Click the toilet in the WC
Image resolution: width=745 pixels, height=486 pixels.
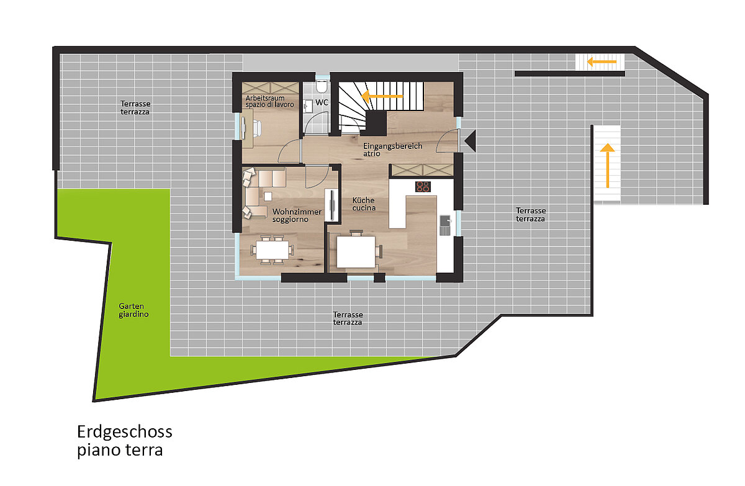point(322,86)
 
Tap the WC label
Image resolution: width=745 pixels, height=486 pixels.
point(322,102)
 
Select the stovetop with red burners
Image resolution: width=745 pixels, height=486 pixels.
point(423,186)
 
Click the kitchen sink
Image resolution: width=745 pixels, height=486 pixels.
point(445,225)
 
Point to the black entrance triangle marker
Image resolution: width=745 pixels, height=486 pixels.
point(471,141)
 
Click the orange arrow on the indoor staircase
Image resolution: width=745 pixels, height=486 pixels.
point(382,96)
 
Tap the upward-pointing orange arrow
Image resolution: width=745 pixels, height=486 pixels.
point(607,166)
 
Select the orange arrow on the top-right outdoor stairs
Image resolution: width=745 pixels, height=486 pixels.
point(602,62)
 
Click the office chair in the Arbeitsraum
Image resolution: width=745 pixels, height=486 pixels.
point(257,128)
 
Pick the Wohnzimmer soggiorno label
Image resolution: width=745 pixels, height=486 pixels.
point(297,215)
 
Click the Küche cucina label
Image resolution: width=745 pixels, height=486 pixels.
point(364,204)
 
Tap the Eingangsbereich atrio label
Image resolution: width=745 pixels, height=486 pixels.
point(392,149)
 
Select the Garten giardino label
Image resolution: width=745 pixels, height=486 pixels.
point(133,310)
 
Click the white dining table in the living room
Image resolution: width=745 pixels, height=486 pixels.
point(273,250)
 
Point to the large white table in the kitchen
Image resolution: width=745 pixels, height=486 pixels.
point(356,251)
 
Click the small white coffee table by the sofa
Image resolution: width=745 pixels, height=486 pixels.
point(268,197)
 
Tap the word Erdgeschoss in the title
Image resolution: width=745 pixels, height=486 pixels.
point(125,432)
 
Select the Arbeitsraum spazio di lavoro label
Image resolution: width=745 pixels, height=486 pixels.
point(269,101)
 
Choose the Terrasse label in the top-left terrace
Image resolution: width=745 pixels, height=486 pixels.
point(135,104)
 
